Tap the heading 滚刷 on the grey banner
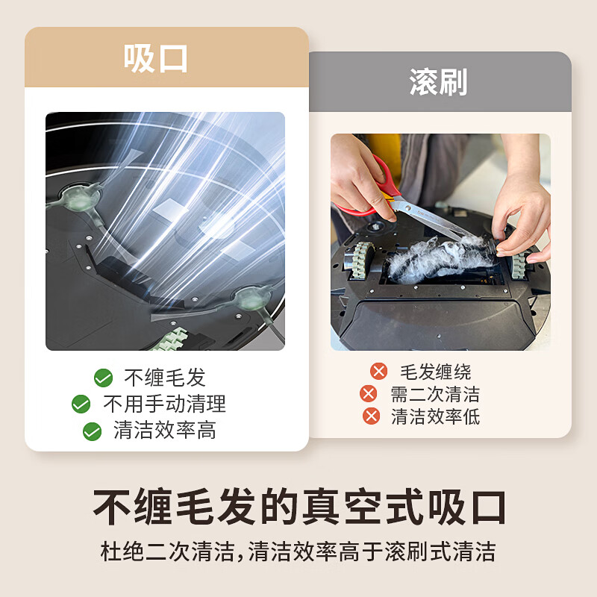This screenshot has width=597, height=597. pyautogui.click(x=438, y=83)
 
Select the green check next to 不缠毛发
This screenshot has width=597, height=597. pyautogui.click(x=103, y=378)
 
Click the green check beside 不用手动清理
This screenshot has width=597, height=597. pyautogui.click(x=81, y=404)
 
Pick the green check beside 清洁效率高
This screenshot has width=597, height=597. pyautogui.click(x=92, y=431)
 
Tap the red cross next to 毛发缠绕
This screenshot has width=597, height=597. pyautogui.click(x=379, y=371)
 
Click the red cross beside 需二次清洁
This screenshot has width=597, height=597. pyautogui.click(x=369, y=394)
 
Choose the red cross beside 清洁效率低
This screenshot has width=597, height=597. pyautogui.click(x=371, y=416)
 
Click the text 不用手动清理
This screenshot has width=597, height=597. pyautogui.click(x=164, y=404)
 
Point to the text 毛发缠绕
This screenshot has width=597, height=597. pyautogui.click(x=436, y=372)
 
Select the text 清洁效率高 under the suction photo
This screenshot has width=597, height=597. pyautogui.click(x=164, y=431)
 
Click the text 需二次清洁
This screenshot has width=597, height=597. pyautogui.click(x=435, y=394)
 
